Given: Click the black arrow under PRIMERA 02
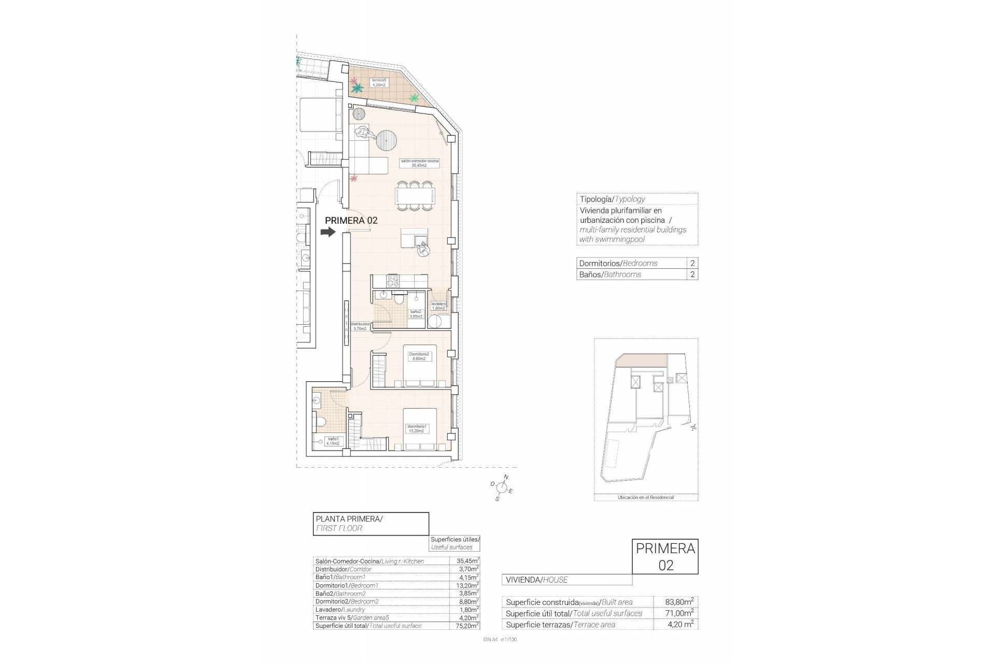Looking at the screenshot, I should [328, 233].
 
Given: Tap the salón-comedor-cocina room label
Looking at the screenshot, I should [419, 163].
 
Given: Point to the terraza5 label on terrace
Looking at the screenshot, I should [379, 82].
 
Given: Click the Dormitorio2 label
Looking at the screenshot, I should [419, 356].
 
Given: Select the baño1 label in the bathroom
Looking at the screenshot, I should [332, 441].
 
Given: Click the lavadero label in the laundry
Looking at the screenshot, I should [438, 306].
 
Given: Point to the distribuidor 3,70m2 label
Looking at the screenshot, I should [360, 326].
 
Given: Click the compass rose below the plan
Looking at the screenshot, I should [501, 487].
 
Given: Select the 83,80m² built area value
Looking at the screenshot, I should [679, 602].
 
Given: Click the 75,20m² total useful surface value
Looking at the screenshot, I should [464, 626].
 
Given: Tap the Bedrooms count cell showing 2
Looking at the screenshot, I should [692, 263].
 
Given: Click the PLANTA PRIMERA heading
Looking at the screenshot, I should [349, 518].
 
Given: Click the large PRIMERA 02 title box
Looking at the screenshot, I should [665, 556].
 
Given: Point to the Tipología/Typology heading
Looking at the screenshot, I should [612, 199].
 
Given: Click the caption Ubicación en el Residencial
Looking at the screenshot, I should [645, 497].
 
